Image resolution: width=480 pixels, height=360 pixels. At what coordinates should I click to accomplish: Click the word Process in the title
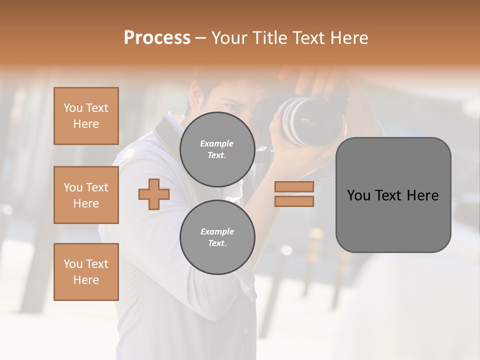(157, 38)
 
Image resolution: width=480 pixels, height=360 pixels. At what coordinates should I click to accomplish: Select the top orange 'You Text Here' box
(86, 116)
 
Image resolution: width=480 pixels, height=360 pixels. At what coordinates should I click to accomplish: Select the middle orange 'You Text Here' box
(86, 195)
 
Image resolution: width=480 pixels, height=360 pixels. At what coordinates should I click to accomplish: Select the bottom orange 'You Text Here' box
(86, 272)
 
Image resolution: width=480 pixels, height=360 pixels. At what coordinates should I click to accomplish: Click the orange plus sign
(154, 194)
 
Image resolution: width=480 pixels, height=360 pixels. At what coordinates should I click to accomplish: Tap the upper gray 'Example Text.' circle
(217, 149)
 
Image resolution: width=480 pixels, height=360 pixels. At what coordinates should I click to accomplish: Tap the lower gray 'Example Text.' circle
(217, 237)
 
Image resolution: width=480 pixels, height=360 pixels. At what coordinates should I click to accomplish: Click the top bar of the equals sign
(294, 186)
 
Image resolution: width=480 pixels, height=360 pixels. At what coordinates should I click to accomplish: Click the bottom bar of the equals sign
(294, 201)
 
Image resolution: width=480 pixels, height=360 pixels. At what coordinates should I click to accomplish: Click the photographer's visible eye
(232, 106)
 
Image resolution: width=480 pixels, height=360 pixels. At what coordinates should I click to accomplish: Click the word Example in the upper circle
(217, 143)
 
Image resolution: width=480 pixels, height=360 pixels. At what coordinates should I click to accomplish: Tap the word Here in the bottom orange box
(86, 280)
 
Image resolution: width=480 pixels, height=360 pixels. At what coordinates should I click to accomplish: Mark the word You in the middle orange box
(72, 187)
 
